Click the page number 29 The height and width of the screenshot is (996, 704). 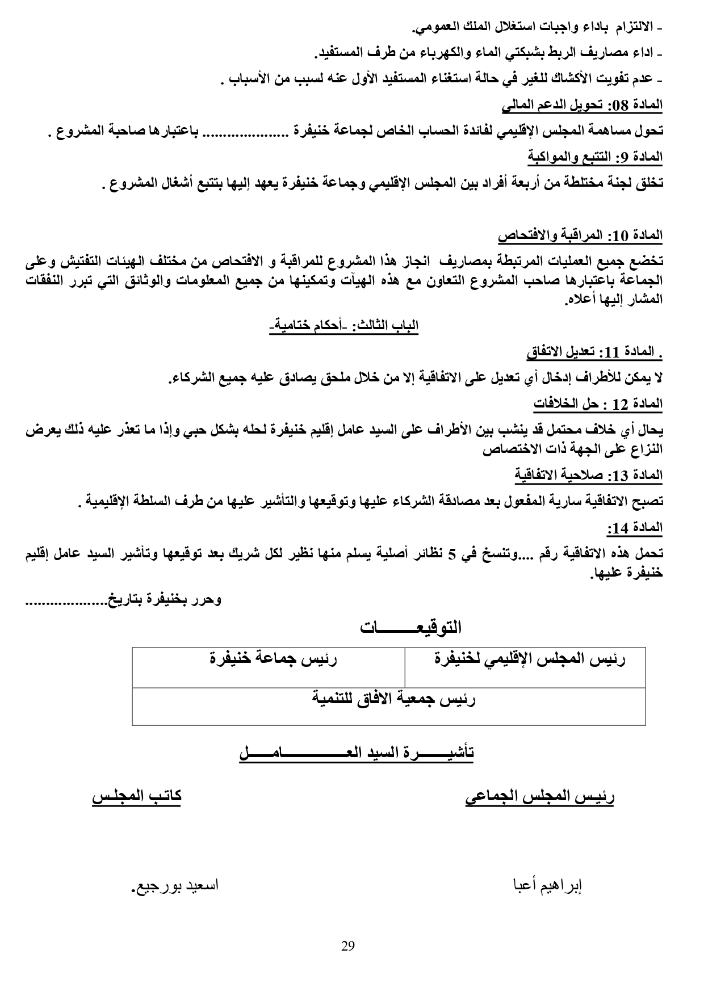pyautogui.click(x=348, y=946)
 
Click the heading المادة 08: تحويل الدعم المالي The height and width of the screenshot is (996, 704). pyautogui.click(x=582, y=105)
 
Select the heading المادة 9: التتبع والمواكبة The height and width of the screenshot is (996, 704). pyautogui.click(x=595, y=156)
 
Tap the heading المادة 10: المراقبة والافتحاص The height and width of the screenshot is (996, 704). pyautogui.click(x=580, y=234)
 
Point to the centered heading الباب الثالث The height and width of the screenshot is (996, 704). pyautogui.click(x=344, y=326)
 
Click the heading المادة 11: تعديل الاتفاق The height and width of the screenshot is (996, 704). pyautogui.click(x=594, y=353)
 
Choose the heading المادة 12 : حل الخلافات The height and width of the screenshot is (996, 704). pyautogui.click(x=598, y=404)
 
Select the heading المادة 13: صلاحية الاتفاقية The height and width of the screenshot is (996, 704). pyautogui.click(x=589, y=475)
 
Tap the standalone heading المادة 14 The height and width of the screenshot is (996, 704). pyautogui.click(x=634, y=528)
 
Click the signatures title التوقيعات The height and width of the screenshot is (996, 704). pyautogui.click(x=410, y=628)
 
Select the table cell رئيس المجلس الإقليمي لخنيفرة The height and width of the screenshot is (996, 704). pyautogui.click(x=530, y=659)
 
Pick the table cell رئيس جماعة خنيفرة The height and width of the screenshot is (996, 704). pyautogui.click(x=273, y=659)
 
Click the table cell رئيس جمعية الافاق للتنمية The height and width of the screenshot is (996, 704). pyautogui.click(x=393, y=699)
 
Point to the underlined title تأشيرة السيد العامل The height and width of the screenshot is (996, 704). pyautogui.click(x=357, y=753)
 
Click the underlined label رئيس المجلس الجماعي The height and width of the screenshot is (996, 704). pyautogui.click(x=540, y=796)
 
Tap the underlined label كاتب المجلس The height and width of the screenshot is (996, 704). pyautogui.click(x=137, y=795)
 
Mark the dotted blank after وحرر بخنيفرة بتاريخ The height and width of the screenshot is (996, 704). pyautogui.click(x=63, y=600)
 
